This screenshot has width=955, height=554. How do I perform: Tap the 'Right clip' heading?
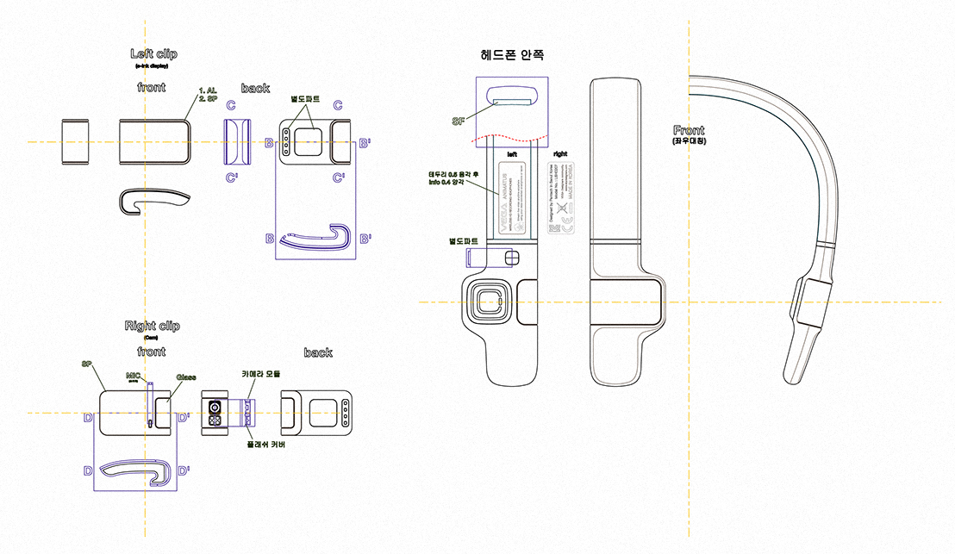pos(153,326)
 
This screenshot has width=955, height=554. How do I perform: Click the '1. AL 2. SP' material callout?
pos(207,94)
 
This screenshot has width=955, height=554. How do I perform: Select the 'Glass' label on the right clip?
pos(185,377)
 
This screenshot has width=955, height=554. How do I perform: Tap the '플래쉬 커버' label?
pos(265,445)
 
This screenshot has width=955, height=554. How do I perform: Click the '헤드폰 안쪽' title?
pos(512,54)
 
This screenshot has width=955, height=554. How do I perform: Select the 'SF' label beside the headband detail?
pos(459,122)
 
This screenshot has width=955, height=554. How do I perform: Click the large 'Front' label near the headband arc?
pos(689,130)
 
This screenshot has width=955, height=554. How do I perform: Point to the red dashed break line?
pos(512,138)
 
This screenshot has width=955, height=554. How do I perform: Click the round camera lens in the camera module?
pos(213,405)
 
